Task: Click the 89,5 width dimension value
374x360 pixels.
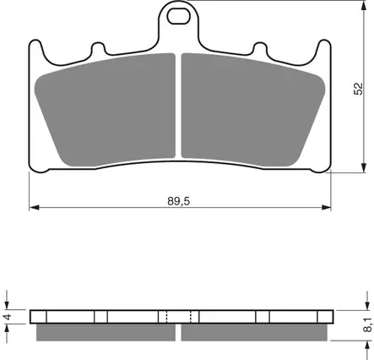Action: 179,201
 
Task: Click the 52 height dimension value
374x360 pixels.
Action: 359,89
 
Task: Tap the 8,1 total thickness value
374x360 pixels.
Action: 368,325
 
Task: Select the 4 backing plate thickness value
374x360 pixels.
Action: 8,317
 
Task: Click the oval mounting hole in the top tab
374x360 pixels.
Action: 179,16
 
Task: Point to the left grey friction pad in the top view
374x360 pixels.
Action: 105,110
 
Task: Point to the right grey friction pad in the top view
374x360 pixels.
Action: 253,110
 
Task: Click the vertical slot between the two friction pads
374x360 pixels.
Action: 178,106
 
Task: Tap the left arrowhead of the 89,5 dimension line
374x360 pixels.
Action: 34,208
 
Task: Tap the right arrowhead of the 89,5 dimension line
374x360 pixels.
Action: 326,208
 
